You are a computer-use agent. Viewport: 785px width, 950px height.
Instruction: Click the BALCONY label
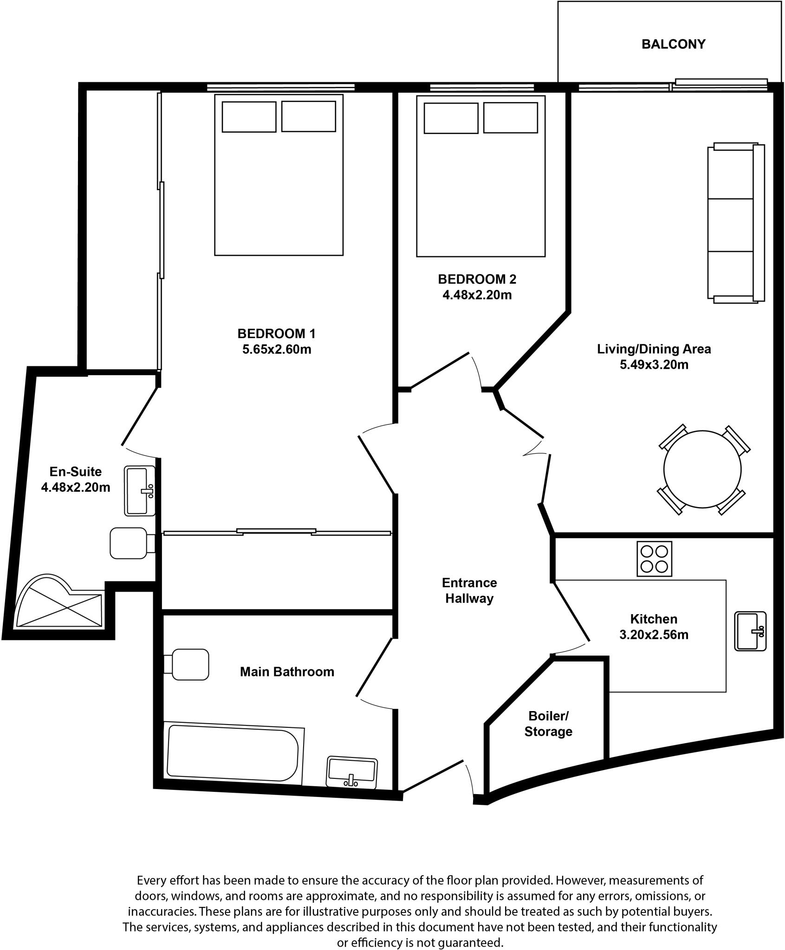coord(673,44)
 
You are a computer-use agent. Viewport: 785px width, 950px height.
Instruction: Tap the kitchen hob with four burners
coord(654,559)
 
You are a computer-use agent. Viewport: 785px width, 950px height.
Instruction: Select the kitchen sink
coord(750,631)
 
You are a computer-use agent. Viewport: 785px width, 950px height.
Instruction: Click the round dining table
coord(702,469)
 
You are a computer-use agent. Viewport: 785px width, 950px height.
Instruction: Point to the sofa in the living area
coord(735,223)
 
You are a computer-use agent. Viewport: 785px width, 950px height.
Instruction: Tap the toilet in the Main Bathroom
coord(188,664)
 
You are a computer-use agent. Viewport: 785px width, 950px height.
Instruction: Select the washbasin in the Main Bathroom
coord(352,772)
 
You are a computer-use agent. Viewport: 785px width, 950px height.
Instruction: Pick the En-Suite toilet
coord(130,543)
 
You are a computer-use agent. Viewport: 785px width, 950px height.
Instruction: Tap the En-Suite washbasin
coord(139,491)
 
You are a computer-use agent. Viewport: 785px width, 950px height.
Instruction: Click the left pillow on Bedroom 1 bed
coord(249,116)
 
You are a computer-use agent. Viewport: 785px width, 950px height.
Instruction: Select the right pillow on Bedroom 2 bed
coord(510,118)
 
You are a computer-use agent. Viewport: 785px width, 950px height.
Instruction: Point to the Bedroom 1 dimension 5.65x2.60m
coord(277,349)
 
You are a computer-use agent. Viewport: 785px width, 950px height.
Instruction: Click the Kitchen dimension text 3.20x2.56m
coord(654,634)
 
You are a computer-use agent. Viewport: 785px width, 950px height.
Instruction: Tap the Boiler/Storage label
coord(548,724)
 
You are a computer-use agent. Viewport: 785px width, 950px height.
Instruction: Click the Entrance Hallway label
coord(469,591)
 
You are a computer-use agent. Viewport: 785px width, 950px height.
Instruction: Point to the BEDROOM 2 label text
coord(477,279)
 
